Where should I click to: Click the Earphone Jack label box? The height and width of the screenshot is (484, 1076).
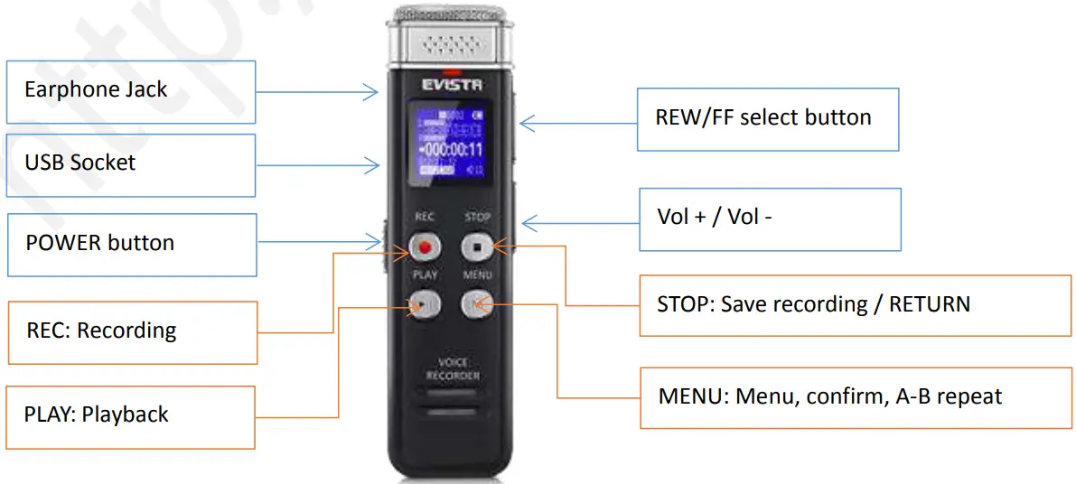tap(131, 91)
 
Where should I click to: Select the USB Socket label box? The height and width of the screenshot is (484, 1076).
tap(131, 164)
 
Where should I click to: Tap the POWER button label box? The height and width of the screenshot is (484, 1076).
tap(132, 244)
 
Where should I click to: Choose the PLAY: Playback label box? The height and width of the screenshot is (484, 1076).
tap(130, 416)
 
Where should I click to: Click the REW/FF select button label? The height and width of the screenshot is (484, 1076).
tap(767, 118)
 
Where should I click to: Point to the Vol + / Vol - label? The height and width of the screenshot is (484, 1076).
tap(770, 219)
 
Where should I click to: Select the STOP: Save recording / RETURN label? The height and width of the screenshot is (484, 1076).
tap(855, 305)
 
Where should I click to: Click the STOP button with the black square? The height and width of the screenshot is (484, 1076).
tap(476, 246)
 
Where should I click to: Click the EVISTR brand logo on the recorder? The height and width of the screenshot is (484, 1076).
tap(452, 86)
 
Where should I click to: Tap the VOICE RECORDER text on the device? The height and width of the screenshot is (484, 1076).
tap(453, 368)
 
